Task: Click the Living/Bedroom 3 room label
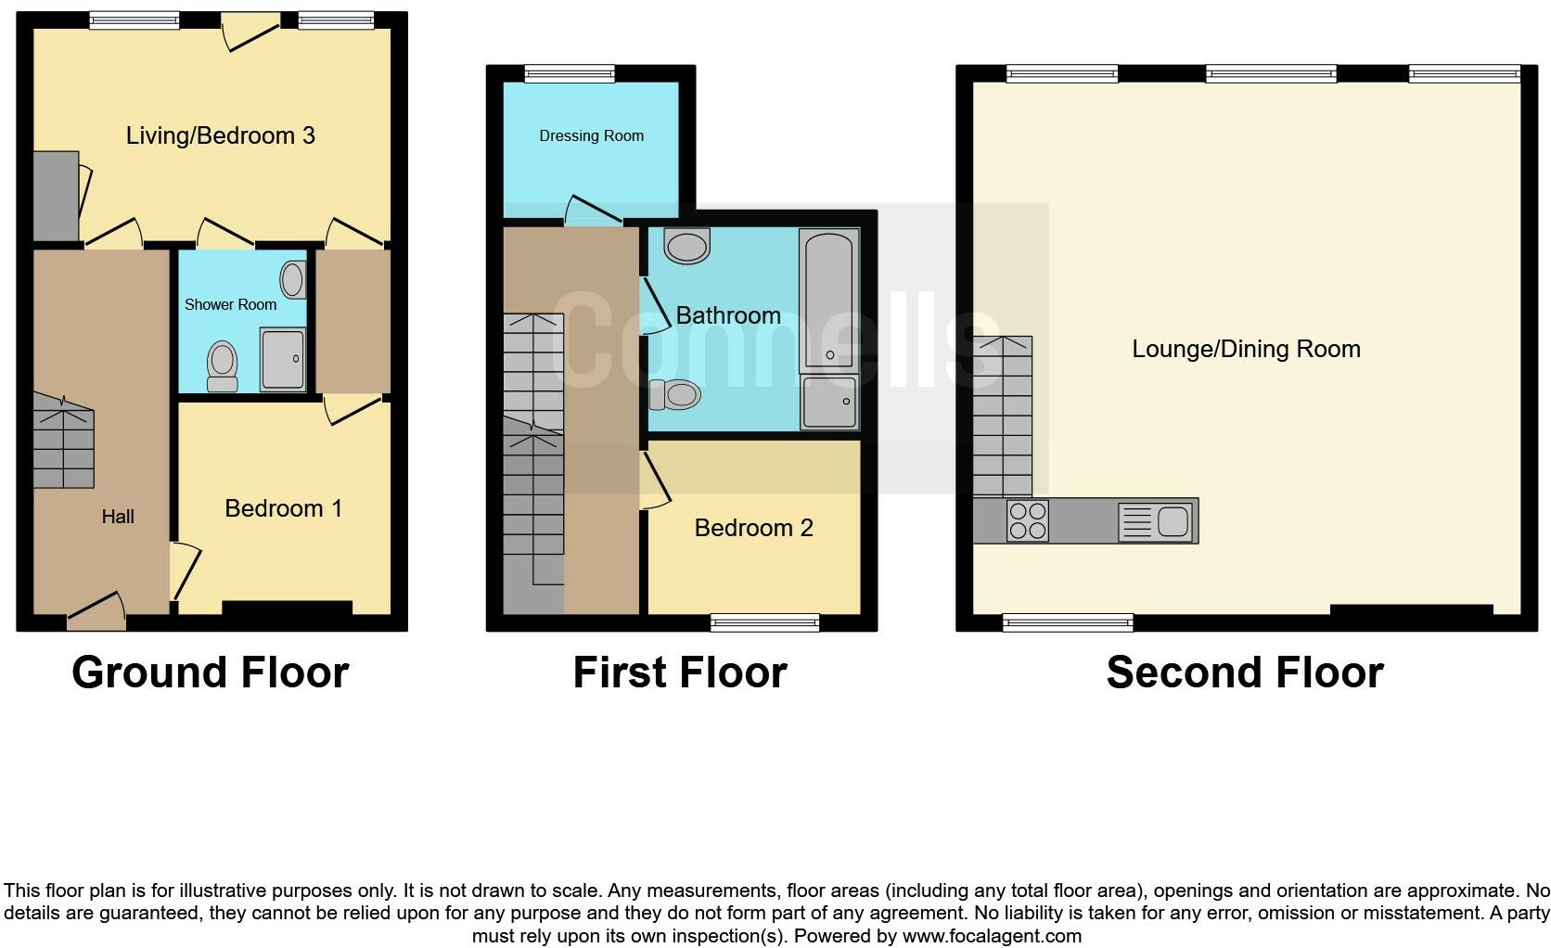pyautogui.click(x=220, y=135)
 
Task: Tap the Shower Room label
pyautogui.click(x=230, y=304)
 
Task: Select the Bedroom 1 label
pyautogui.click(x=283, y=508)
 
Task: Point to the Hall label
pyautogui.click(x=118, y=517)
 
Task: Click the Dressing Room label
pyautogui.click(x=591, y=135)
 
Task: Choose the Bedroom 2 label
pyautogui.click(x=753, y=528)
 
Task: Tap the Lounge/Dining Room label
pyautogui.click(x=1246, y=349)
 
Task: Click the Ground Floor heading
pyautogui.click(x=210, y=673)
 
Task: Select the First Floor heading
pyautogui.click(x=680, y=673)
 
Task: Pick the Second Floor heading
pyautogui.click(x=1245, y=673)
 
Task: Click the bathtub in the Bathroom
pyautogui.click(x=829, y=301)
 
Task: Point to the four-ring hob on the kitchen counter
pyautogui.click(x=1027, y=520)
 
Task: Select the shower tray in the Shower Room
pyautogui.click(x=283, y=358)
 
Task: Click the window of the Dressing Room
pyautogui.click(x=570, y=73)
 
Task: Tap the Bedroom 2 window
pyautogui.click(x=765, y=622)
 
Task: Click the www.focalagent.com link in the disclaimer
pyautogui.click(x=991, y=936)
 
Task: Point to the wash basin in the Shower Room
pyautogui.click(x=294, y=278)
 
